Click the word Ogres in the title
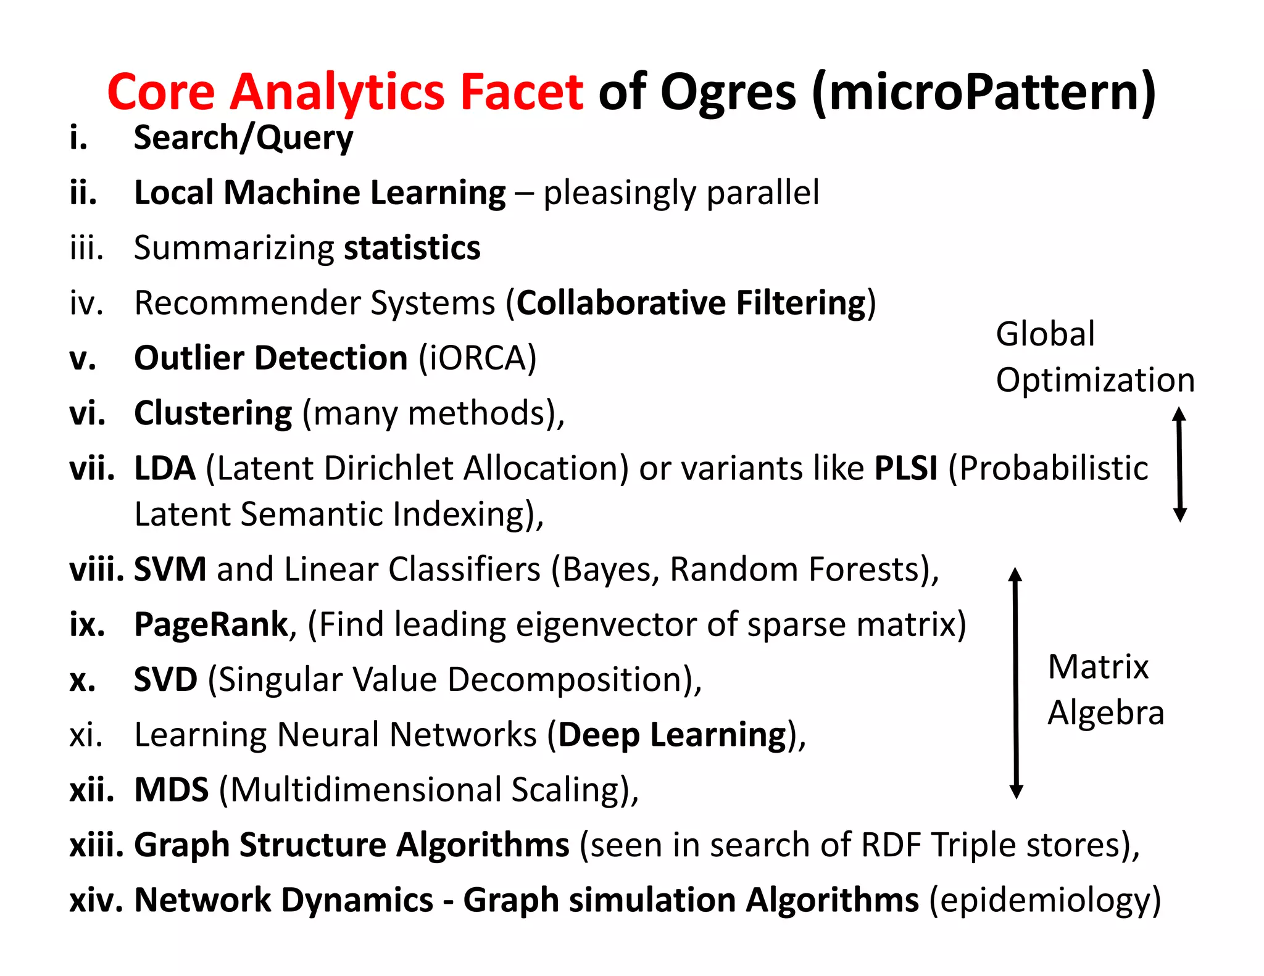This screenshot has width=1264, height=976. (x=728, y=93)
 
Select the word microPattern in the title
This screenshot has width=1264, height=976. (x=984, y=93)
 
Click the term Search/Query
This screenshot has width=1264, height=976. (x=243, y=138)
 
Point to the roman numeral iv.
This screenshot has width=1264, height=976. (x=86, y=303)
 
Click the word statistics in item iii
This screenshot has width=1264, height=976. (x=412, y=248)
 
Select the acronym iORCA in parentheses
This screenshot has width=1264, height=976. (x=477, y=358)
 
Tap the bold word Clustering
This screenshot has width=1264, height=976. (x=213, y=413)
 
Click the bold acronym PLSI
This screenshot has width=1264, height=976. (x=906, y=468)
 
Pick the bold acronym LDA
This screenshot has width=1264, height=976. (x=165, y=468)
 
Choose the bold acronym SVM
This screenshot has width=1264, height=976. (x=170, y=569)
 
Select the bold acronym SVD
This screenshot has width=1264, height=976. (x=165, y=679)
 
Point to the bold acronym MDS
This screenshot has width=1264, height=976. (x=172, y=790)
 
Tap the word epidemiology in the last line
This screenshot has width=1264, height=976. (x=1044, y=900)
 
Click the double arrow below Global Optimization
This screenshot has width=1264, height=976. (x=1179, y=465)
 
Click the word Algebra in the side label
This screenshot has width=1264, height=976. (x=1106, y=713)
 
